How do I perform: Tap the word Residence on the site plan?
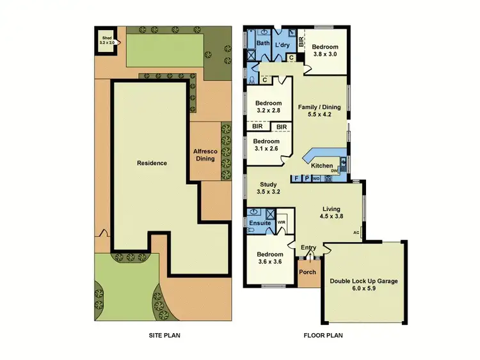point(152,163)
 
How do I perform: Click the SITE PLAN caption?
point(163,334)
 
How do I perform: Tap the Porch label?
point(308,272)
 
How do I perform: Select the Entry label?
point(308,248)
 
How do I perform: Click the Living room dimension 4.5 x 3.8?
point(331,216)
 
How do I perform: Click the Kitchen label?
point(322,166)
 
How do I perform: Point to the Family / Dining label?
point(319,107)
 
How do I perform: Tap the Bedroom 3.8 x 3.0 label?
point(326,51)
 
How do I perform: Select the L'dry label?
point(283,45)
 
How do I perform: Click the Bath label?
point(263,43)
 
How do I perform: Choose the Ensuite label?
point(260,223)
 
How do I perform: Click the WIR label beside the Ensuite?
point(282,222)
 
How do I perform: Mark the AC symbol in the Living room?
point(356,233)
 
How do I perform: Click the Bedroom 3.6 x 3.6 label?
point(268,258)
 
